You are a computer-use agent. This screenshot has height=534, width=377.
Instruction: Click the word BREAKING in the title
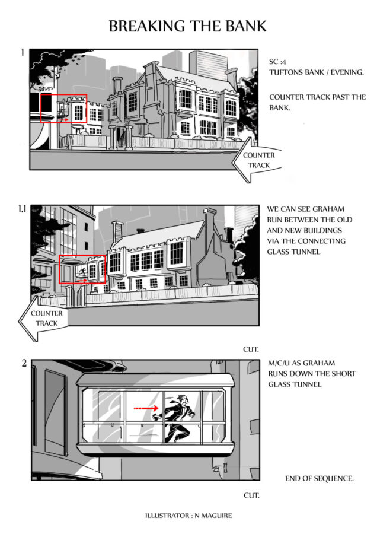146,26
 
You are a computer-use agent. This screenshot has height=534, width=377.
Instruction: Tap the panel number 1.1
22,209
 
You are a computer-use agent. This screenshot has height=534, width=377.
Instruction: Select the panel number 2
24,363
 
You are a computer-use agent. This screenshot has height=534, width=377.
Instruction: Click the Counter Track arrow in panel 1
257,160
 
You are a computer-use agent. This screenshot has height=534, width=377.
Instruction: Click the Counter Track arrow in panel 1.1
43,319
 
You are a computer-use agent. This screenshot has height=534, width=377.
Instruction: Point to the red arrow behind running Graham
146,408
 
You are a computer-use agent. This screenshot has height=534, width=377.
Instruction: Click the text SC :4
277,62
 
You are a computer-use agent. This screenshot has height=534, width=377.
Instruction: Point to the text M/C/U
279,363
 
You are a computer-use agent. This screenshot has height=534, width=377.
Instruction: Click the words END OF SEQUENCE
319,478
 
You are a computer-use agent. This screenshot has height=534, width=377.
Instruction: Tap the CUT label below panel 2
251,495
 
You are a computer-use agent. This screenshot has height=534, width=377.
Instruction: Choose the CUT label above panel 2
251,349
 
